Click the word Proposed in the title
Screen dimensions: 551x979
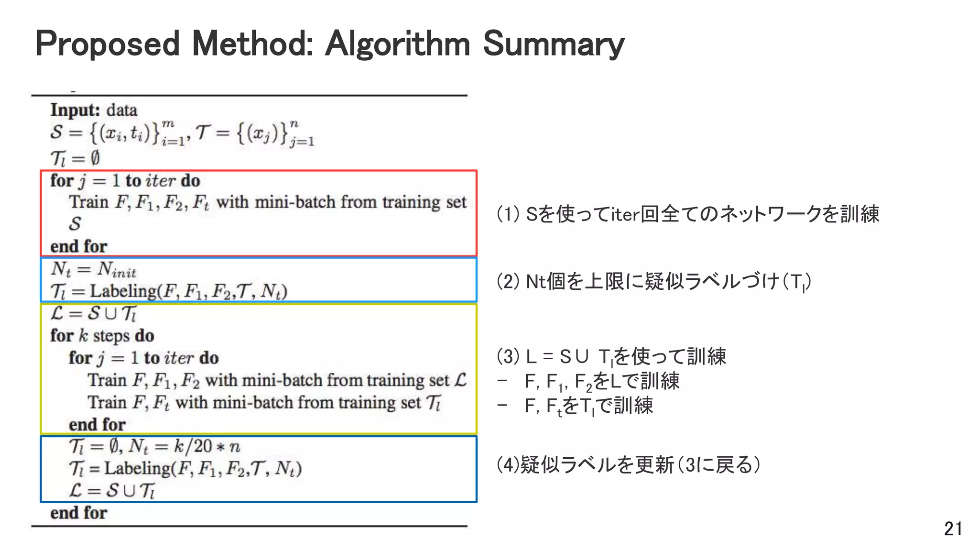tap(108, 44)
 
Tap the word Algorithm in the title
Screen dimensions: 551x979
tap(397, 44)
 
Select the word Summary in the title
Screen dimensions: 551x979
tap(554, 44)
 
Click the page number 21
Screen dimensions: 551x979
tap(953, 529)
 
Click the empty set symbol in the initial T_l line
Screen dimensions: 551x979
tap(95, 157)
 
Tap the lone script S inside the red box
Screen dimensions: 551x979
tap(75, 224)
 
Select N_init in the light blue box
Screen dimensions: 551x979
tap(117, 270)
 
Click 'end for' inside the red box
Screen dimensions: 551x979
tap(79, 246)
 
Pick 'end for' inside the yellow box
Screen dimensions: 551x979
tap(97, 424)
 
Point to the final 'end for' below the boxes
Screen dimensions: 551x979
tap(79, 513)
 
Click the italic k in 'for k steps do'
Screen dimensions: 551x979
tap(83, 335)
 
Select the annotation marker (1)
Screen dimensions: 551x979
tap(508, 214)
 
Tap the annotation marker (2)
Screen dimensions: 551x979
tap(508, 281)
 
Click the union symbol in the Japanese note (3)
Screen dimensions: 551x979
tap(582, 357)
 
